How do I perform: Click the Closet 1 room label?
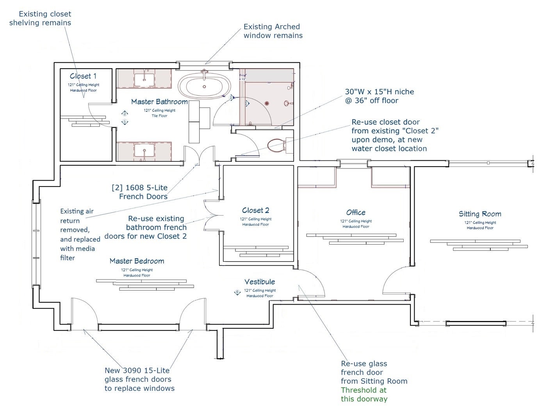pos(83,76)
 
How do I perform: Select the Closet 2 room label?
pos(256,211)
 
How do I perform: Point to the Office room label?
pos(356,213)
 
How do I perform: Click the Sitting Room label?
pos(480,214)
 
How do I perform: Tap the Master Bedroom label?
pos(137,261)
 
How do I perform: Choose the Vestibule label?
pos(260,282)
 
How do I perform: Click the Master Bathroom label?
pos(159,102)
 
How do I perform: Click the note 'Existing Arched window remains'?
pos(273,31)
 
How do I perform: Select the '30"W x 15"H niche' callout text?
pos(379,96)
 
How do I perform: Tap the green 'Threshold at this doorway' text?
pos(364,394)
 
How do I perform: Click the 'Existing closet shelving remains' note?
pos(40,18)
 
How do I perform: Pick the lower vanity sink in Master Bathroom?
pos(144,152)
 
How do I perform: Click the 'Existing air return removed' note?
pos(80,234)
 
